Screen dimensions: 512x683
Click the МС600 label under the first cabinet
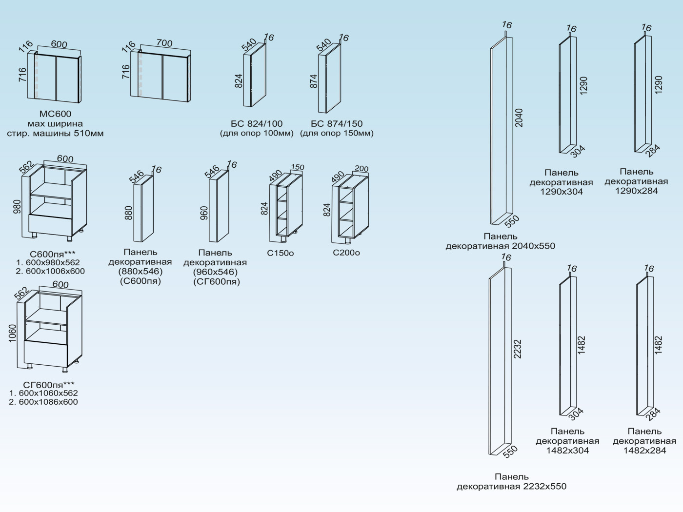55,114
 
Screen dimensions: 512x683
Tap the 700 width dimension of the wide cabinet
164,43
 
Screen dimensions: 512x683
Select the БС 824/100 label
257,123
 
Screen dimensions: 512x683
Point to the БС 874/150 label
337,123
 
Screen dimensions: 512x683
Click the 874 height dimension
314,81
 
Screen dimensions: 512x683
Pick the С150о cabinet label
281,253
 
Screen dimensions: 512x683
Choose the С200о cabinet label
346,253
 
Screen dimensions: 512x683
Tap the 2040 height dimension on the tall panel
519,118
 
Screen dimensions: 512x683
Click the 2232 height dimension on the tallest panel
518,349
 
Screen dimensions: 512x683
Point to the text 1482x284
644,451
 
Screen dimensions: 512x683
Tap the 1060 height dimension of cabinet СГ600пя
13,334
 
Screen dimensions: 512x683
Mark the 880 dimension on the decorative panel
129,213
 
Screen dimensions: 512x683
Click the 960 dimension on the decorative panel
204,213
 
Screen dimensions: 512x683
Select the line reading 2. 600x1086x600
43,402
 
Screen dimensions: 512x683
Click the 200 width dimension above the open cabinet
362,169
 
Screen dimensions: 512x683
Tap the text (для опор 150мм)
337,133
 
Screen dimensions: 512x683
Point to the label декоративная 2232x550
511,486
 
